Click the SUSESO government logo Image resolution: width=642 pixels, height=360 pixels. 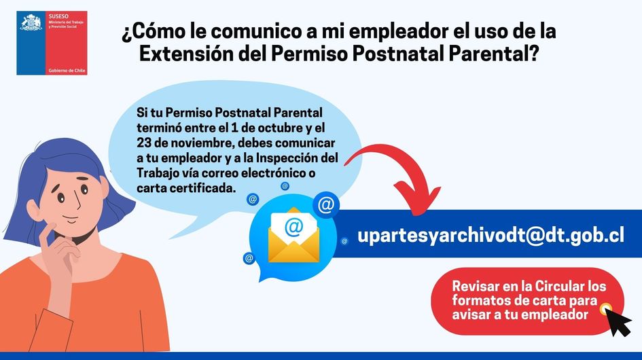click(x=52, y=43)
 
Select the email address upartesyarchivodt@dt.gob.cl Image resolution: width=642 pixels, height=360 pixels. click(x=491, y=236)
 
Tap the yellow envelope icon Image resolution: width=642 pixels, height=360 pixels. click(x=293, y=236)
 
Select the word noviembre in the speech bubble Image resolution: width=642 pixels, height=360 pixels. click(x=198, y=143)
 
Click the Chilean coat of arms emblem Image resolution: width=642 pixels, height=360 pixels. click(x=31, y=22)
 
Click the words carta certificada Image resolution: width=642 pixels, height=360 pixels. click(x=187, y=188)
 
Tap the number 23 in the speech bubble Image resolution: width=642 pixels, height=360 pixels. click(x=144, y=143)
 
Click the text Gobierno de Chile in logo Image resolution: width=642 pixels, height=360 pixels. click(x=67, y=71)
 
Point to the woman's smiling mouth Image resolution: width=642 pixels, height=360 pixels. click(x=71, y=220)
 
